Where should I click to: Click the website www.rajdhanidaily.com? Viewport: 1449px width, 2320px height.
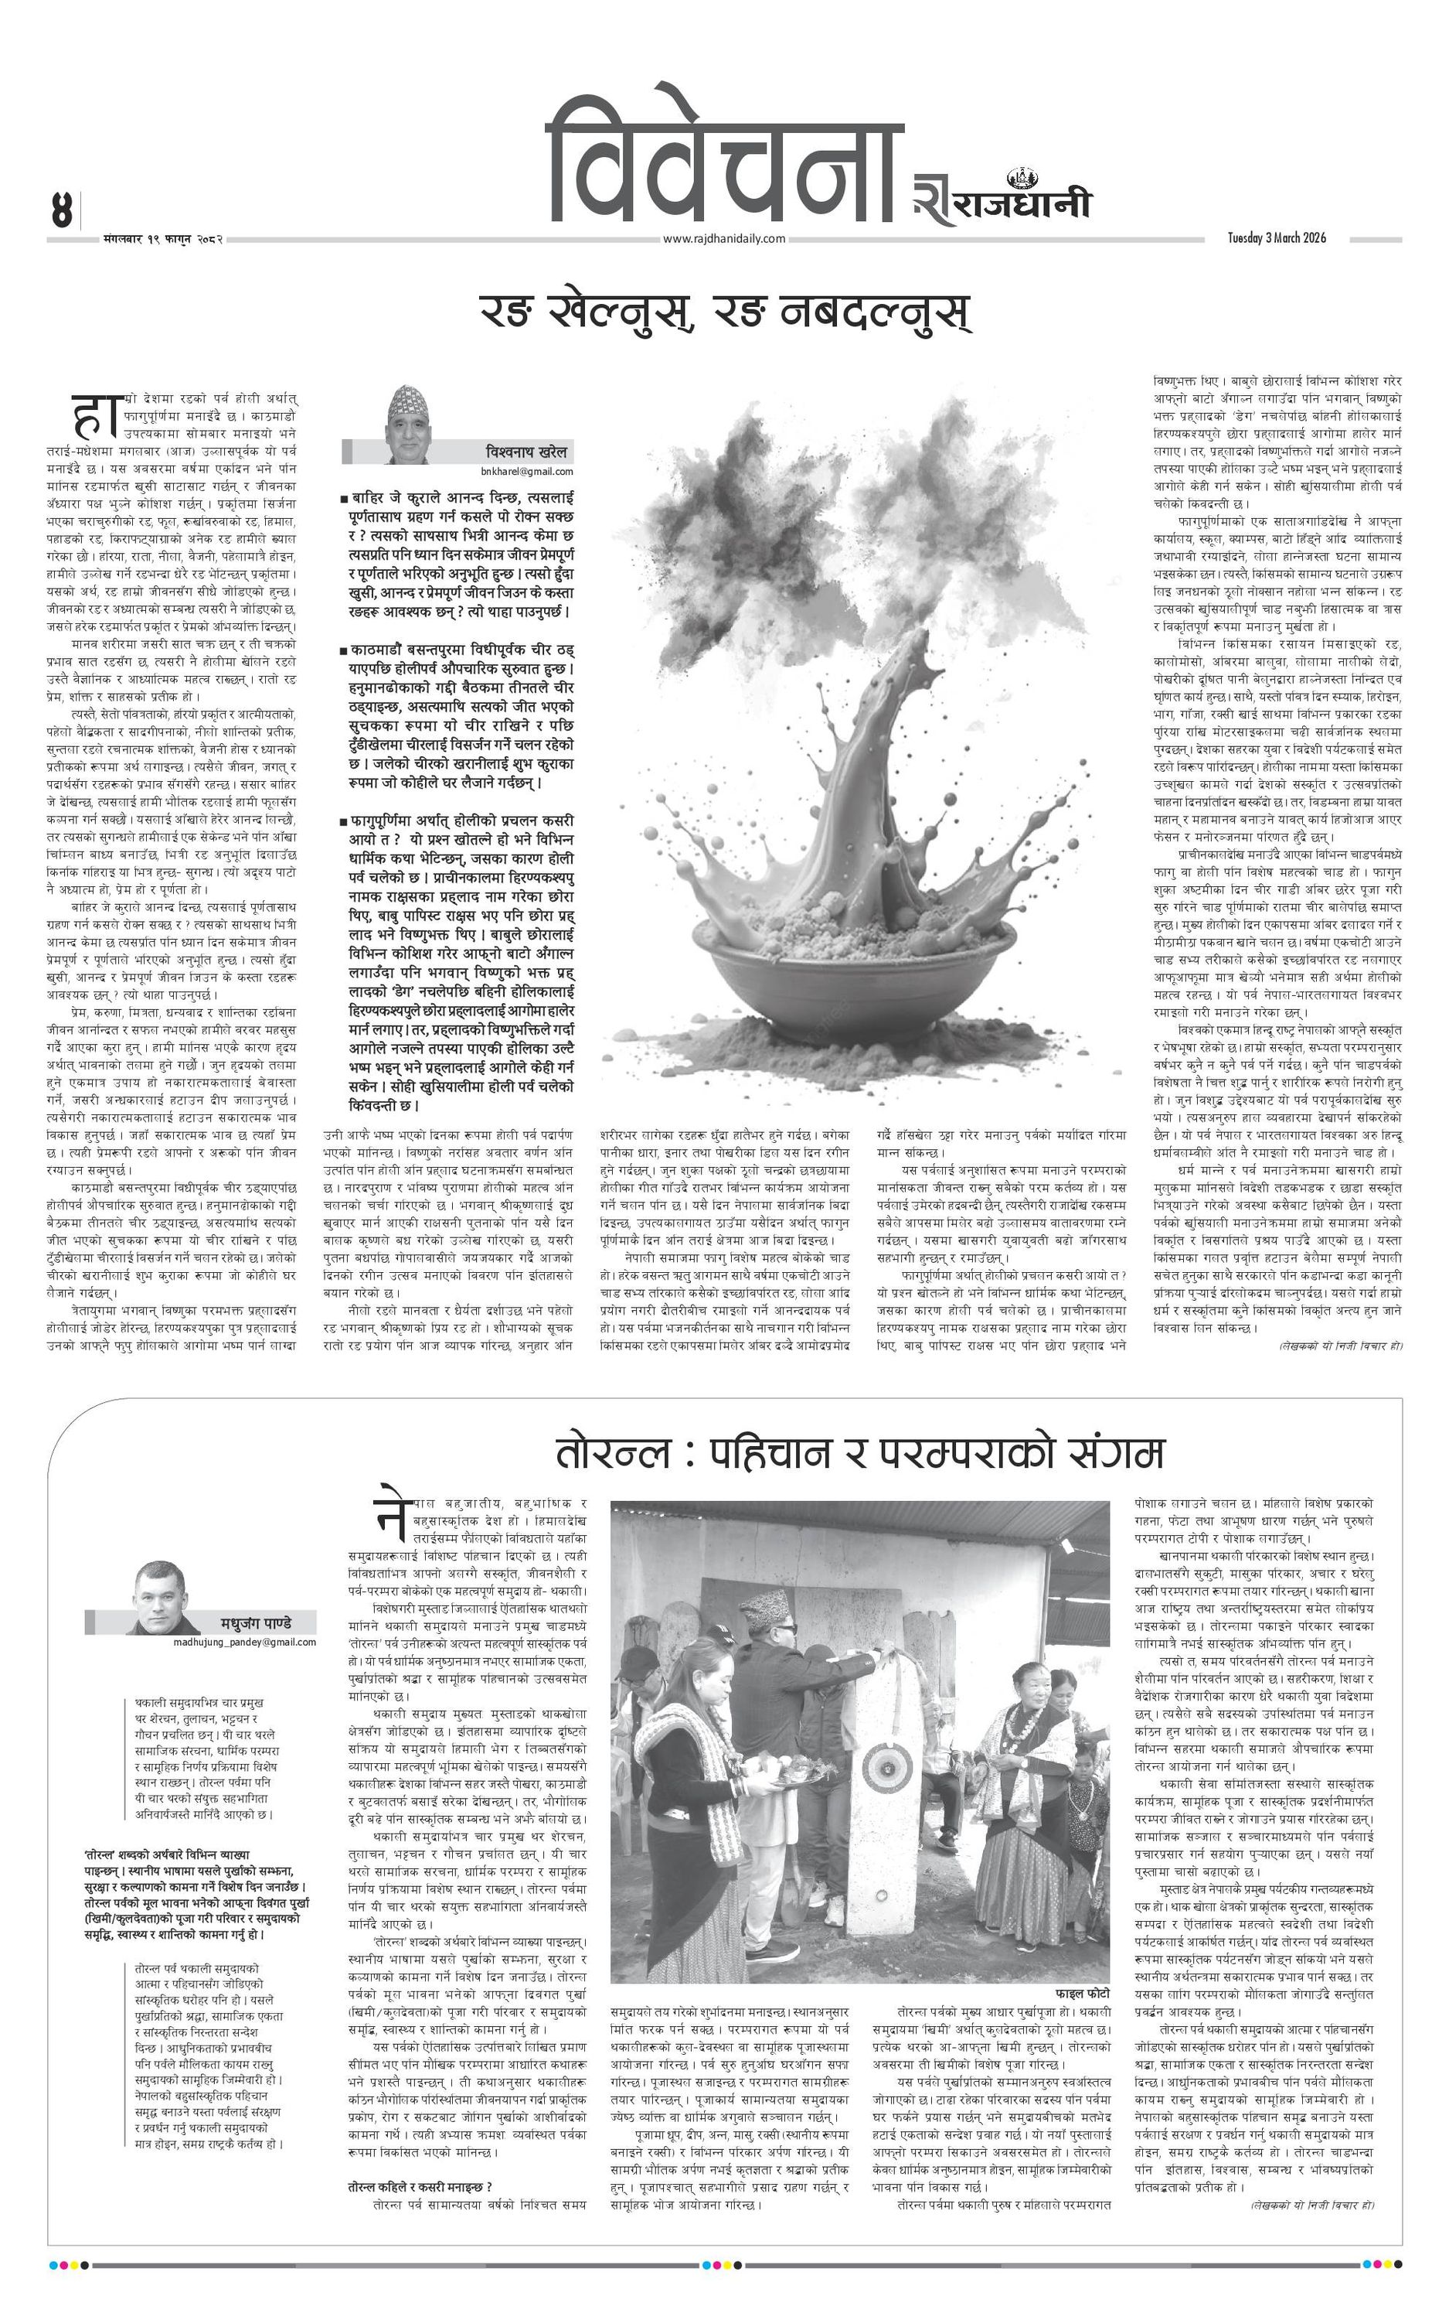click(723, 240)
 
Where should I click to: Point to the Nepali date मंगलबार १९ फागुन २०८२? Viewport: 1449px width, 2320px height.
click(163, 239)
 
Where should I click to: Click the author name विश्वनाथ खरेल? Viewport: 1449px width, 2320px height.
click(526, 451)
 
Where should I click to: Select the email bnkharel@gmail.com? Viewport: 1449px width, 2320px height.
click(527, 472)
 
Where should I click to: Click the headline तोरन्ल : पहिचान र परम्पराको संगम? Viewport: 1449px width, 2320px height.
click(859, 1453)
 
